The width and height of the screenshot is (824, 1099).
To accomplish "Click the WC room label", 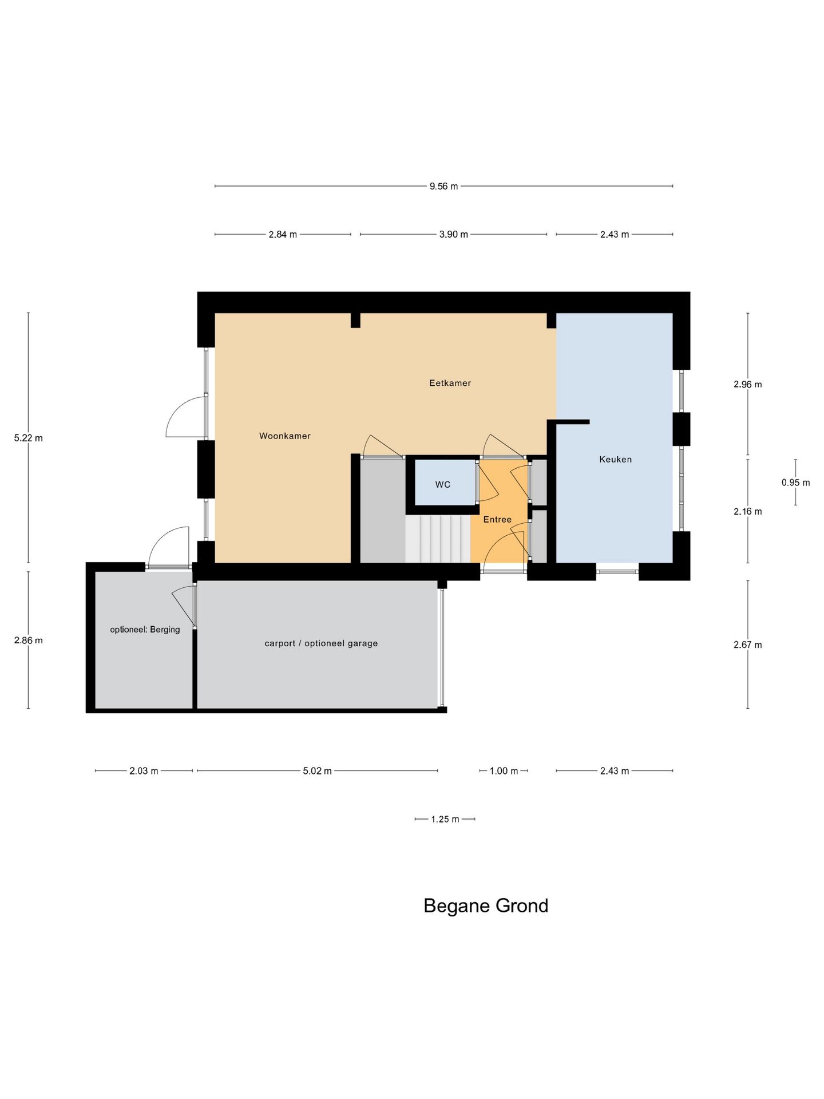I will [x=442, y=484].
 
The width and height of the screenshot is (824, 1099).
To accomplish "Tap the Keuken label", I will [x=615, y=459].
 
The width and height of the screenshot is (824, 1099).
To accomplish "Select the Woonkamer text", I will [x=284, y=436].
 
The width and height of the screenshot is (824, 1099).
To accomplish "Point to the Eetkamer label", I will [x=450, y=383].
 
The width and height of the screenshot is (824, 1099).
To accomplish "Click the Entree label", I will [x=497, y=519].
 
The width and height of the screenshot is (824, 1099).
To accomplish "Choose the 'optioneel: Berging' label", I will [x=145, y=629].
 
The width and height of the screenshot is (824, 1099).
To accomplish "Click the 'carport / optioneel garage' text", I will [x=321, y=643].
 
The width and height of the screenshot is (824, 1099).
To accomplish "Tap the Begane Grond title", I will [x=485, y=906].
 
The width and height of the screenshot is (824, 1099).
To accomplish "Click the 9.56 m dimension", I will [x=443, y=186].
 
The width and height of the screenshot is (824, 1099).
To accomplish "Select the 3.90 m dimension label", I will [x=453, y=234].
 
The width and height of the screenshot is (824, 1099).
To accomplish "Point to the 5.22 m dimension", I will [x=29, y=438].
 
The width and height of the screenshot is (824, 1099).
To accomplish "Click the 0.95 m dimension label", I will [x=795, y=483].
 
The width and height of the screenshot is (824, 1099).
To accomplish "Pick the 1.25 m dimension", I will [x=445, y=819].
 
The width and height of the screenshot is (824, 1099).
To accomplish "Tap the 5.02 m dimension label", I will [x=317, y=770].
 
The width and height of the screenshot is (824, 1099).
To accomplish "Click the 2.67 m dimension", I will [x=747, y=645].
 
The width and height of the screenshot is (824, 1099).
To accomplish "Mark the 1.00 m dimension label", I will [x=504, y=770].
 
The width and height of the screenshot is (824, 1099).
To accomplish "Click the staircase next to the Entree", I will [x=438, y=539].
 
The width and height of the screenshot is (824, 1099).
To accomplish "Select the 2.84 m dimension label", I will [x=283, y=234].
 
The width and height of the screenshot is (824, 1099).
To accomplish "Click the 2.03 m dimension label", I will [x=144, y=770].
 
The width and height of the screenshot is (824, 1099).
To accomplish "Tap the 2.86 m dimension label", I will [x=29, y=640].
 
